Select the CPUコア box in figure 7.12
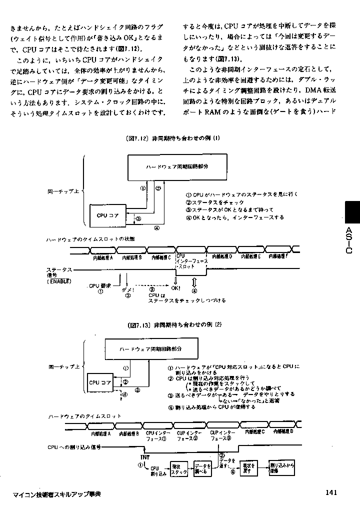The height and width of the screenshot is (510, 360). pos(108,215)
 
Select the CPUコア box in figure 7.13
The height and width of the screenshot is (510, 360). pos(100,382)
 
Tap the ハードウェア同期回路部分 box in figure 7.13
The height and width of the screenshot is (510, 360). pos(149,348)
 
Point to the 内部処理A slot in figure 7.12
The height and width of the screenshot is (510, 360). pos(103,257)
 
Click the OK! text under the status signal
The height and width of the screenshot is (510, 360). pos(175,288)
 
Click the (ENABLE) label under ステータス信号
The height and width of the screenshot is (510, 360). pos(59,281)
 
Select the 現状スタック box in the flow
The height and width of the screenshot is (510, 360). pos(179,469)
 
